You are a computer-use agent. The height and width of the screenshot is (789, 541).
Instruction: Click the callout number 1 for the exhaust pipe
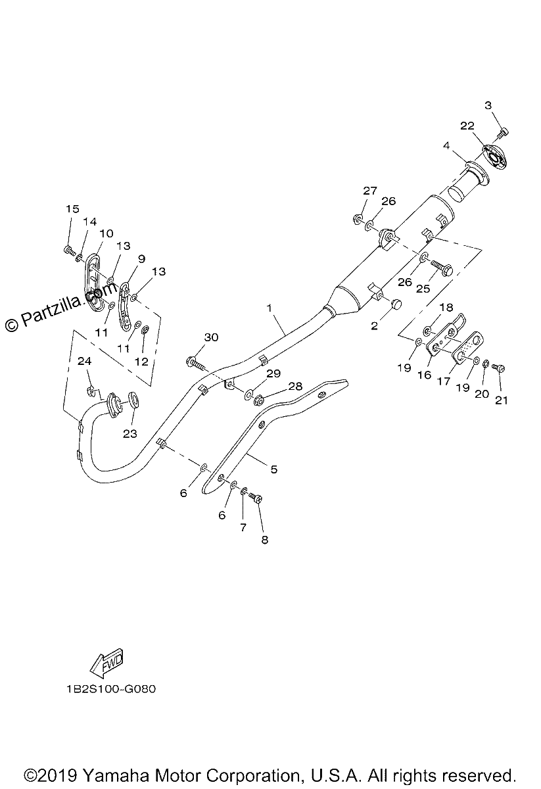pyautogui.click(x=270, y=308)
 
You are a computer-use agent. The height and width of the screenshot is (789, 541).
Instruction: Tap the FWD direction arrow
pyautogui.click(x=106, y=663)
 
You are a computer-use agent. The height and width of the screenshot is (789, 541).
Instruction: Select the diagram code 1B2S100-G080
pyautogui.click(x=111, y=688)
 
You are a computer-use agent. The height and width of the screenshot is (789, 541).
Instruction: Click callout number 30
pyautogui.click(x=211, y=337)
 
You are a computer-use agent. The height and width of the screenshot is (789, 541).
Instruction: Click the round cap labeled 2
pyautogui.click(x=396, y=302)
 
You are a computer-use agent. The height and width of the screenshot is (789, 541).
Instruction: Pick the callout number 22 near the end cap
pyautogui.click(x=467, y=126)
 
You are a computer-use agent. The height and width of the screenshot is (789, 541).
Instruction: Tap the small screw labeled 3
pyautogui.click(x=504, y=132)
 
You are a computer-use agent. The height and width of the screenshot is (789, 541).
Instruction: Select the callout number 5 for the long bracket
pyautogui.click(x=273, y=469)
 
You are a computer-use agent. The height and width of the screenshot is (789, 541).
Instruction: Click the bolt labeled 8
pyautogui.click(x=256, y=498)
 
